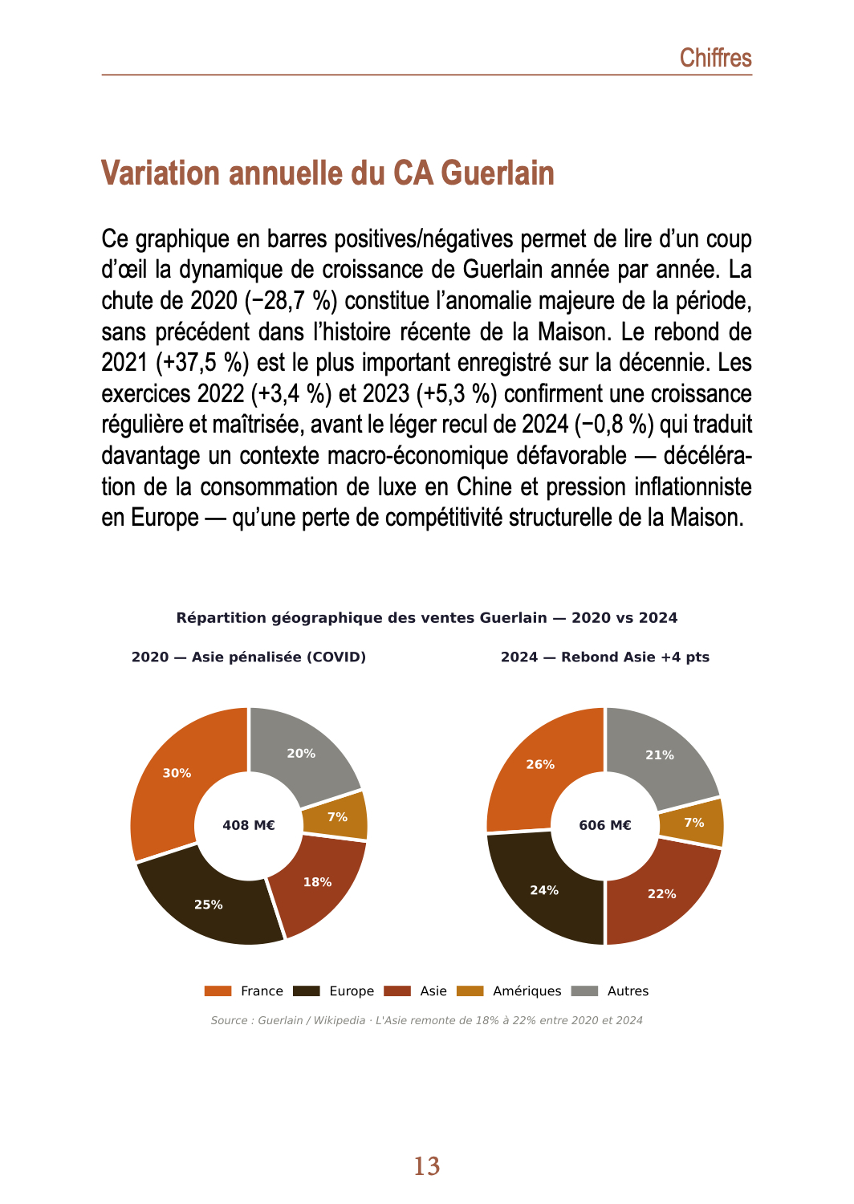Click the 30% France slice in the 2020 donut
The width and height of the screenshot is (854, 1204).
pos(173,783)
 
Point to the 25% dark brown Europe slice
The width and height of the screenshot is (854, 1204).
pos(210,903)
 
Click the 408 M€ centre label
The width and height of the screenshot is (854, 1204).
pos(249,825)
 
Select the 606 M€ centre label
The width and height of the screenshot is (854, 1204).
pos(605,825)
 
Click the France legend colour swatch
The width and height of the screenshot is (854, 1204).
pos(218,991)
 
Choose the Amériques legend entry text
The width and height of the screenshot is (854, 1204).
pos(527,991)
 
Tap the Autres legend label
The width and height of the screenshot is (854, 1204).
pos(628,991)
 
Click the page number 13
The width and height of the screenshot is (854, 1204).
pos(427,1166)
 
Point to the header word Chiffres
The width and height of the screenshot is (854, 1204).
pos(715,58)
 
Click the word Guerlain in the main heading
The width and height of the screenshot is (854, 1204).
pos(498,173)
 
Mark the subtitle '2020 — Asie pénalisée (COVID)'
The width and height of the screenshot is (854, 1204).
pos(249,657)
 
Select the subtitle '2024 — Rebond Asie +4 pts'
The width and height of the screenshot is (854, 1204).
pos(605,657)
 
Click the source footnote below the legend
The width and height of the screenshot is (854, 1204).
pos(426,1021)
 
